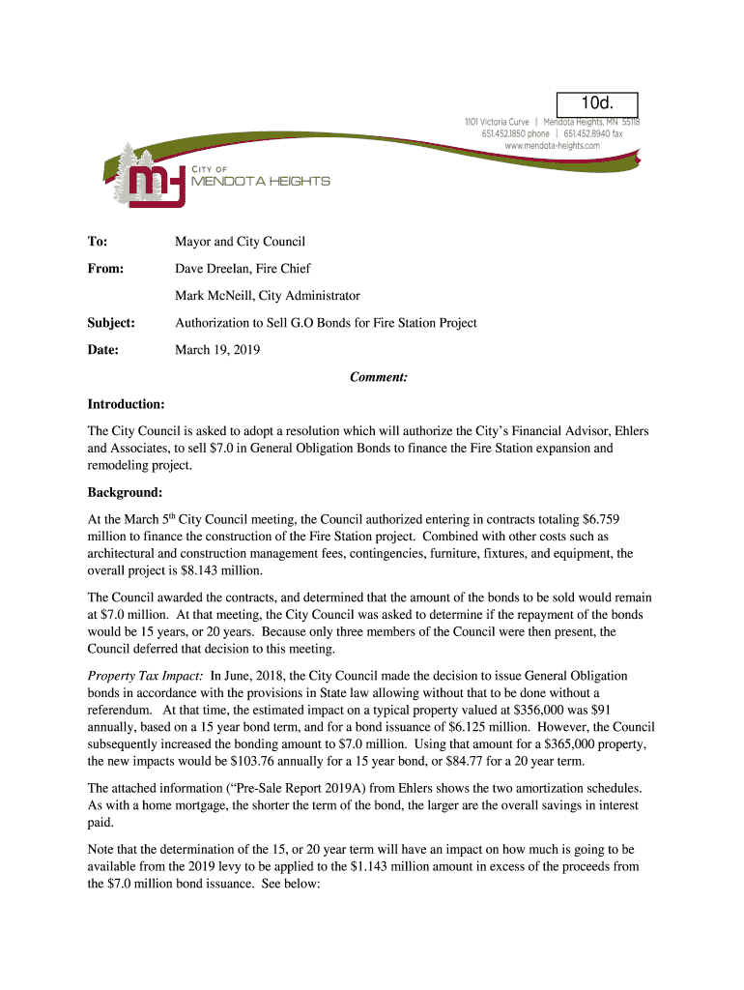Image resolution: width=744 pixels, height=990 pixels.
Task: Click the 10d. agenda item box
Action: click(596, 103)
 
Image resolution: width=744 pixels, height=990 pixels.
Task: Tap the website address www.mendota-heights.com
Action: click(552, 145)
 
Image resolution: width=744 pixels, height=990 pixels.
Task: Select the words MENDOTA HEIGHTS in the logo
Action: click(261, 181)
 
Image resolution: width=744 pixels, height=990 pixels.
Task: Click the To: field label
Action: click(98, 241)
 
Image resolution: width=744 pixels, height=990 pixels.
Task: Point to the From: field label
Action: click(105, 268)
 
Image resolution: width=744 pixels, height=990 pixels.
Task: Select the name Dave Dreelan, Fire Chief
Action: click(243, 268)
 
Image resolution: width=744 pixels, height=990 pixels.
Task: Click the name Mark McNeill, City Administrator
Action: click(267, 295)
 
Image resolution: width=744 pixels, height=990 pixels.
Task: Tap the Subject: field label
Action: click(111, 322)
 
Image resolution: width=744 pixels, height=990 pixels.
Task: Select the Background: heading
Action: click(125, 492)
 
